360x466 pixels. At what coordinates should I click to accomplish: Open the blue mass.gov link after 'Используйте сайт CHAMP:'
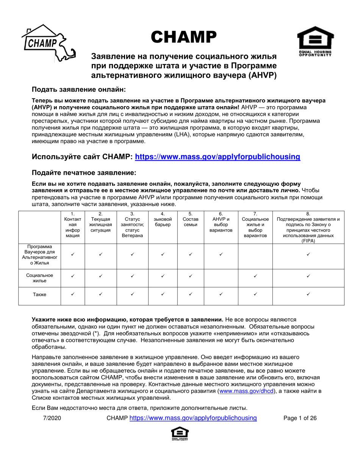[218, 156]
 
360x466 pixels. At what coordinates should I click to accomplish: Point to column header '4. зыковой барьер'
[163, 219]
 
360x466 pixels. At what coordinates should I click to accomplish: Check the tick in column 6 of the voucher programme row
[221, 254]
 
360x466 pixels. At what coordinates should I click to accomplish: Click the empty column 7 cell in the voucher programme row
[255, 256]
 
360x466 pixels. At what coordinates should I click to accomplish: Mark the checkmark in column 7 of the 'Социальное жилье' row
[255, 276]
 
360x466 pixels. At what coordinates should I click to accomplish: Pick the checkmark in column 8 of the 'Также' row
[308, 294]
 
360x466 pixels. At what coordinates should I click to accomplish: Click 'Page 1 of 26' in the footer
[300, 418]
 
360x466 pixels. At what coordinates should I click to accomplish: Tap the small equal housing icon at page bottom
[180, 434]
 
